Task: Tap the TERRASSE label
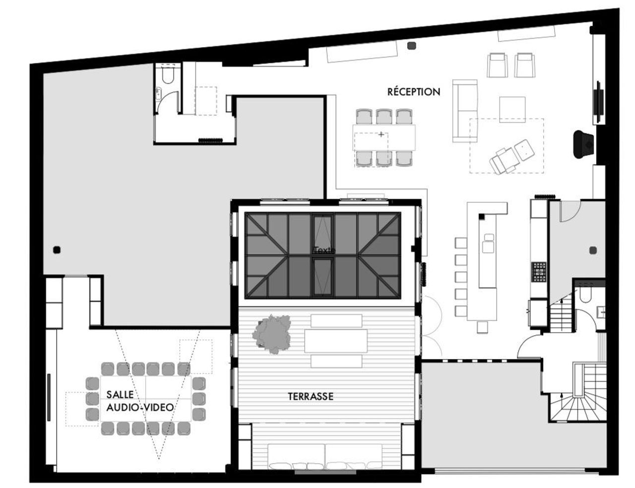[x=311, y=397]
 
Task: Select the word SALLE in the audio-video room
[x=120, y=395]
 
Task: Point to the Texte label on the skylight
[x=324, y=250]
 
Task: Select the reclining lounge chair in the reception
[x=510, y=156]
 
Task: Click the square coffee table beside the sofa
[x=512, y=109]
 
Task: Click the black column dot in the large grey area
[x=57, y=249]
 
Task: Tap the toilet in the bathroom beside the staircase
[x=586, y=296]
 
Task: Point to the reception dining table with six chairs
[x=384, y=137]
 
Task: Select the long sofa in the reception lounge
[x=465, y=111]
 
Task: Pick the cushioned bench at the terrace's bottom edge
[x=325, y=457]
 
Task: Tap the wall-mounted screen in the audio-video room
[x=49, y=397]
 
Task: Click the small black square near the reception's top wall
[x=410, y=46]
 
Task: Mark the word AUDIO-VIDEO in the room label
[x=140, y=407]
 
